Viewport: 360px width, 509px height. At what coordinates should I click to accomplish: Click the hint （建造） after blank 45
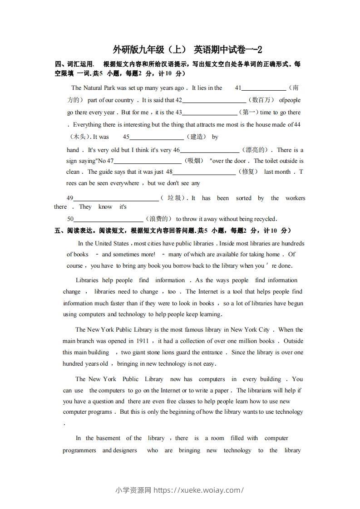(196, 137)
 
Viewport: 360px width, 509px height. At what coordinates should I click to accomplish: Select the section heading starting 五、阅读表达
(173, 230)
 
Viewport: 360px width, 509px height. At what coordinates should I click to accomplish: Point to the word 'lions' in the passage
(163, 352)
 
